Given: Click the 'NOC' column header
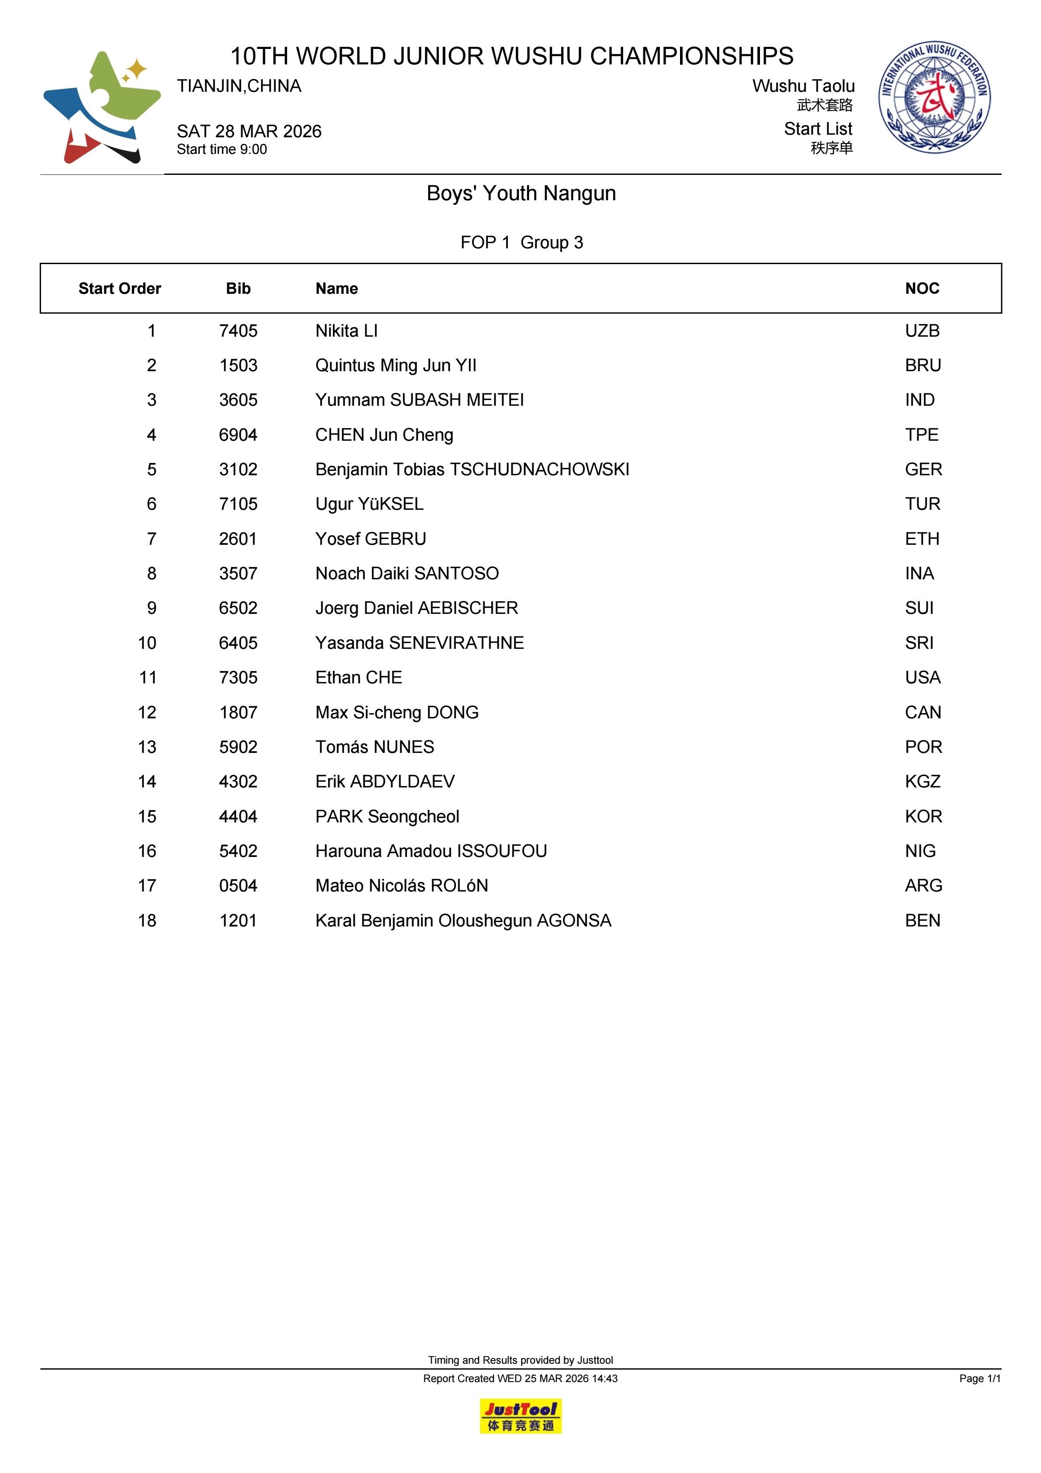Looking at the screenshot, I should pos(922,289).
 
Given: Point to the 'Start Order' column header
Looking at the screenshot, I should pos(119,289).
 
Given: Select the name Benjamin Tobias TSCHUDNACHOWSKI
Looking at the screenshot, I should pos(472,470).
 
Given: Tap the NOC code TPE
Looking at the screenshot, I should pos(921,435).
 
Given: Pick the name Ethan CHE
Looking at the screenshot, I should pos(358,678).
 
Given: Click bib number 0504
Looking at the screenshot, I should pos(238,886).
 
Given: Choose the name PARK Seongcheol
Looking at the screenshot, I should pos(387,817).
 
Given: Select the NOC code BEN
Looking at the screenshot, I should pos(922,921).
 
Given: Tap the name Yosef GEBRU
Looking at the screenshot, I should pos(371,539).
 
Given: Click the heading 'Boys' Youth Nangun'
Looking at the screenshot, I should pos(521,193).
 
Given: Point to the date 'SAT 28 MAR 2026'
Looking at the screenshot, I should pos(249,132).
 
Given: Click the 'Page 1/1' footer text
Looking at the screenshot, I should pos(979,1379).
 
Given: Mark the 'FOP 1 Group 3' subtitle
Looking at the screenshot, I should pos(521,243).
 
